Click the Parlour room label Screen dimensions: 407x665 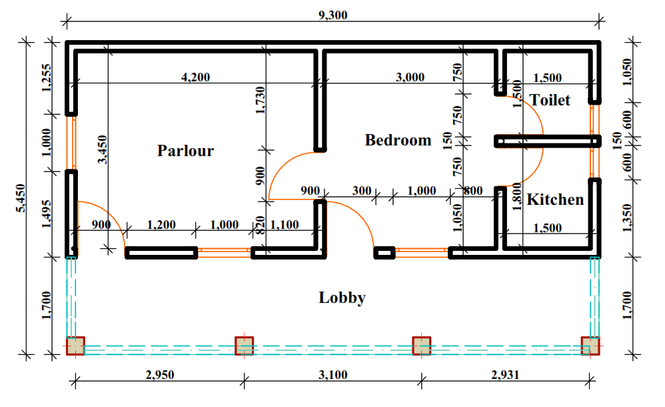point(185,151)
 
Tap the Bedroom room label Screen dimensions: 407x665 point(398,140)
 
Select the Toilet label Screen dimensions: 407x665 point(550,100)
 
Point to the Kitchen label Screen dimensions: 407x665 point(555,199)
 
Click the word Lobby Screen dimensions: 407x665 point(342,298)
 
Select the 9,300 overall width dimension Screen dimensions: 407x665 point(334,15)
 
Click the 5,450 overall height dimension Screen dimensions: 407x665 point(19,198)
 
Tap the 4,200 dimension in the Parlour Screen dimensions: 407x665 point(195,77)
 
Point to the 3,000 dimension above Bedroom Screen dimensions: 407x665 point(410,77)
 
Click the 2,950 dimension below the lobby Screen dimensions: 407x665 point(159,375)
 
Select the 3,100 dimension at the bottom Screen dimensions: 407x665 point(332,375)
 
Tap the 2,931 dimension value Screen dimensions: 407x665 point(506,375)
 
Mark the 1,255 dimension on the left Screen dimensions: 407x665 point(46,79)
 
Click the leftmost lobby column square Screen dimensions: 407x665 point(75,346)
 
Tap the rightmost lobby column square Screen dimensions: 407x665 point(590,346)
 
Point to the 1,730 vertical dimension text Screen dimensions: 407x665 point(260,101)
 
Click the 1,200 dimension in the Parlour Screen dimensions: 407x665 point(161,225)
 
